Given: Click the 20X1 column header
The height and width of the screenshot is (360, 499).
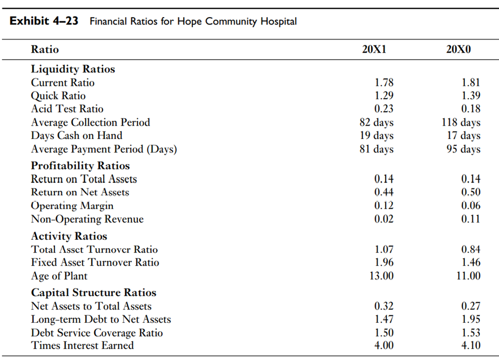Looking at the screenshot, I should click(x=374, y=50).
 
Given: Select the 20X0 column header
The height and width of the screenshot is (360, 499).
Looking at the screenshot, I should click(x=459, y=50).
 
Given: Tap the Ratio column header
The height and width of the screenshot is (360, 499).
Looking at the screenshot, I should click(x=45, y=50).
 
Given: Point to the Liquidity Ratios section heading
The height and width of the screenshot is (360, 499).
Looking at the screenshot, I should click(x=73, y=69).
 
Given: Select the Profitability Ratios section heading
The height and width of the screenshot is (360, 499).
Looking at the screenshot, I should click(x=80, y=166).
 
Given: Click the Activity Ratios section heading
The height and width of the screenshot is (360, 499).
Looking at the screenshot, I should click(x=69, y=236).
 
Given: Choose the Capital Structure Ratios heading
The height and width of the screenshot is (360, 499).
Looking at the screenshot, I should click(x=94, y=292).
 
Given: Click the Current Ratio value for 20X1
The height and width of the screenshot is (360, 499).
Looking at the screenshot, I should click(x=383, y=83).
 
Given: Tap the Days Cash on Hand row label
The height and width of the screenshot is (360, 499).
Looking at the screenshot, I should click(x=76, y=136).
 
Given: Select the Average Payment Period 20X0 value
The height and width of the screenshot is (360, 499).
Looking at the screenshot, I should click(x=463, y=149).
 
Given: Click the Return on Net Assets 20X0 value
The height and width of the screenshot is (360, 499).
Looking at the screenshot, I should click(x=470, y=192).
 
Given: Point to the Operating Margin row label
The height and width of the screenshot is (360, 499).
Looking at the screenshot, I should click(x=72, y=206).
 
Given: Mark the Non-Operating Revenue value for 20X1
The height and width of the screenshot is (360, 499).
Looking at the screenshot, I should click(x=383, y=219).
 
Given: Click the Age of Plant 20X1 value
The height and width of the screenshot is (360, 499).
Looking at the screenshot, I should click(x=381, y=276).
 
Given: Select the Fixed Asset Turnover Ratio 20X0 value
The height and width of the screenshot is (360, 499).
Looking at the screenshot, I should click(x=470, y=263).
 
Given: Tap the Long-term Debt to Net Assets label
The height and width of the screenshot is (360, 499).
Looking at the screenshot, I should click(x=101, y=320).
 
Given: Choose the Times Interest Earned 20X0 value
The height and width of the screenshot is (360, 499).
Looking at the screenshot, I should click(x=470, y=346).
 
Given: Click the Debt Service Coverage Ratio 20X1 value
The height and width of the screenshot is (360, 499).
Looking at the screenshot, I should click(x=383, y=333).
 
